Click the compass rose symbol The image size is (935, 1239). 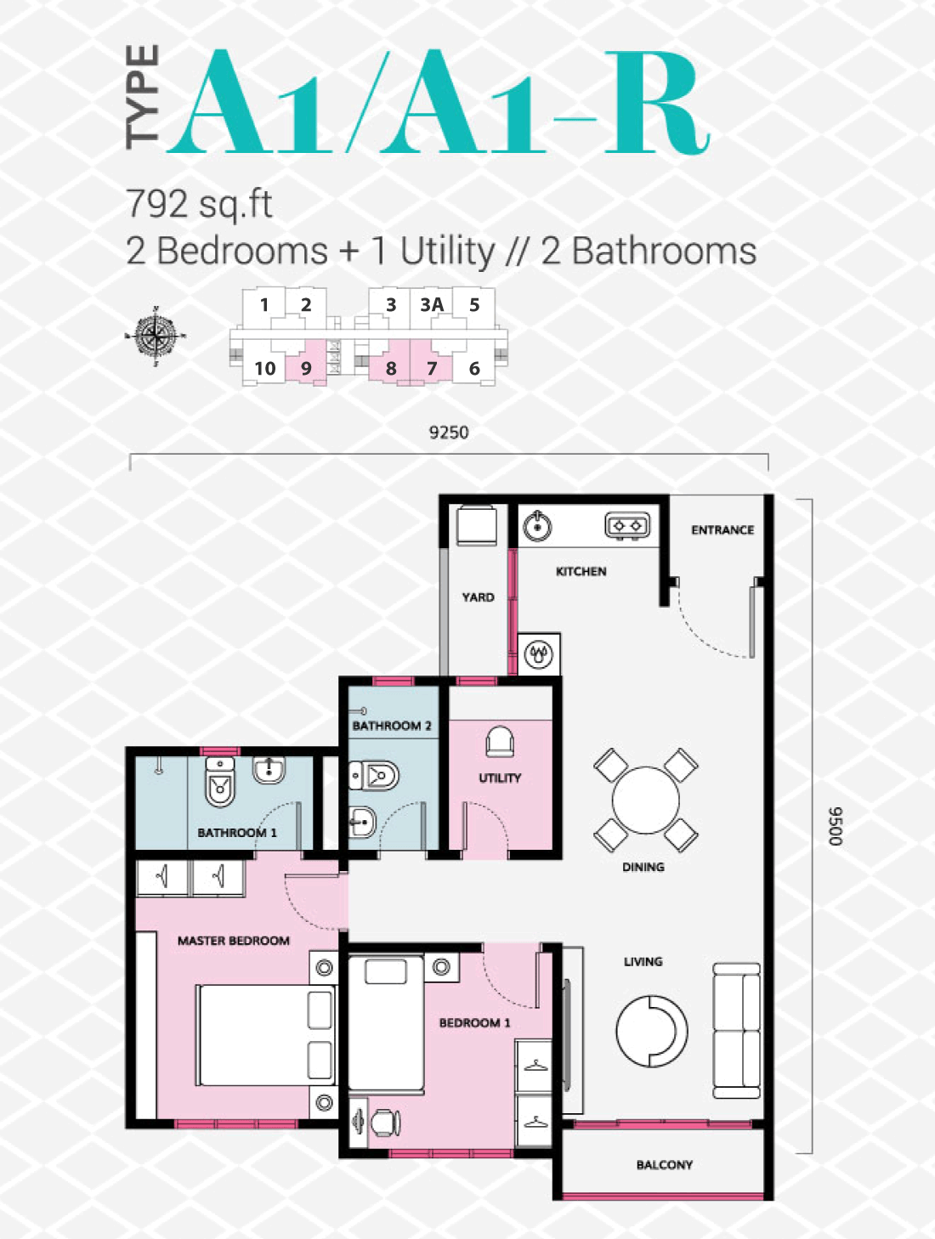tap(156, 337)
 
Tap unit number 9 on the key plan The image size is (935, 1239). tap(306, 369)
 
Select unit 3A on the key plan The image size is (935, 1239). tap(432, 305)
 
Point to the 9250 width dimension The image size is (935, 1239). tap(449, 433)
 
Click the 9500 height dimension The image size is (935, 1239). tap(836, 826)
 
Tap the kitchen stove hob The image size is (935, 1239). tap(627, 526)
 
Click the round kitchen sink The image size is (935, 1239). tap(537, 526)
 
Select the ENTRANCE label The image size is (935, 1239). tap(722, 530)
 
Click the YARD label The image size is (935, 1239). tap(479, 597)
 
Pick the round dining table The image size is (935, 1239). tap(646, 801)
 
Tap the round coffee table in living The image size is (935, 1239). tap(652, 1031)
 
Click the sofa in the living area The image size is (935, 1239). tap(736, 1031)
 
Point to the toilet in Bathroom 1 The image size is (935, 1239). tap(220, 782)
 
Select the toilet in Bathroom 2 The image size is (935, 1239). tap(374, 776)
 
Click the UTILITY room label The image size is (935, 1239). tap(500, 778)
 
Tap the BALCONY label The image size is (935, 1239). tap(665, 1164)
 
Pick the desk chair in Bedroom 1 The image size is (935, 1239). tap(386, 1123)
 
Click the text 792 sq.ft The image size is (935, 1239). tap(199, 204)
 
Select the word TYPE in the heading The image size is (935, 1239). tap(142, 97)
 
